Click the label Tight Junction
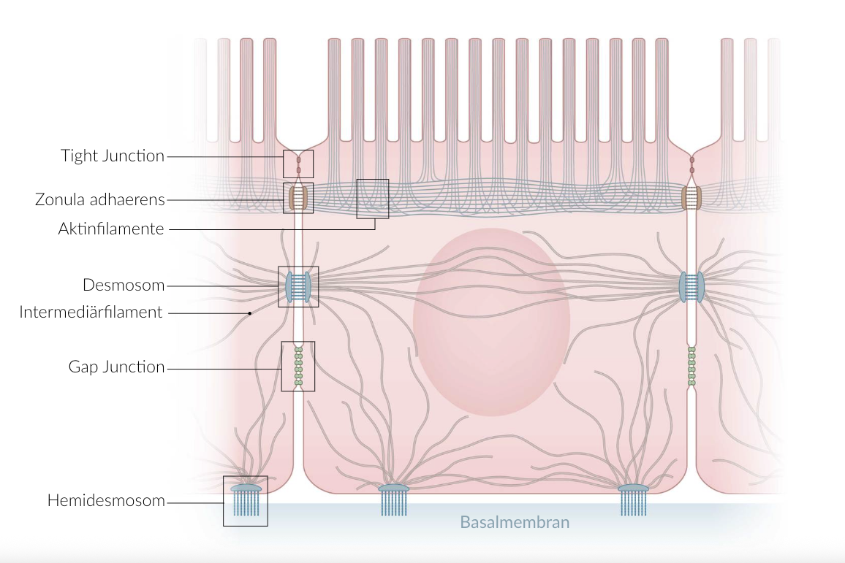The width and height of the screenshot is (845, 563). click(x=113, y=156)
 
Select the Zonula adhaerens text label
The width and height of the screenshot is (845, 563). click(x=99, y=199)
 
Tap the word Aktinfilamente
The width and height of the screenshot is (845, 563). click(x=111, y=229)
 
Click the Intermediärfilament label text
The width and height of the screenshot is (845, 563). click(x=91, y=313)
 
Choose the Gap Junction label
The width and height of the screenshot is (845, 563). click(x=117, y=367)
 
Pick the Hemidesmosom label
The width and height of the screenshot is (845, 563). click(x=106, y=501)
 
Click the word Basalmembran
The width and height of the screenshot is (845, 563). click(x=514, y=522)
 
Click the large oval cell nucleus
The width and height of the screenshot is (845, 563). click(x=491, y=321)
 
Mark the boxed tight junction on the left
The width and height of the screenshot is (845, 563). click(x=298, y=164)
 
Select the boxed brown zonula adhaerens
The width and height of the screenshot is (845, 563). click(x=298, y=198)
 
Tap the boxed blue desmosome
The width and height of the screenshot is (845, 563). click(x=298, y=286)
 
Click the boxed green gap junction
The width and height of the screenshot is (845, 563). click(x=298, y=366)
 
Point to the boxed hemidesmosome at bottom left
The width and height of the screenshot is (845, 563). click(x=246, y=500)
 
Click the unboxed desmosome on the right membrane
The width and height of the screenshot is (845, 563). click(x=691, y=287)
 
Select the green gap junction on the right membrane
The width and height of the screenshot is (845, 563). click(x=691, y=366)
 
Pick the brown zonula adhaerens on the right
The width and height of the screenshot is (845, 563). click(x=691, y=197)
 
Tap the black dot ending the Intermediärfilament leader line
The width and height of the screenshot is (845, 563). click(x=250, y=313)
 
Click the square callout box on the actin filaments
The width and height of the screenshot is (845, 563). click(x=373, y=199)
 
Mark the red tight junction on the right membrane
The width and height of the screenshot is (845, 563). click(x=692, y=164)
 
